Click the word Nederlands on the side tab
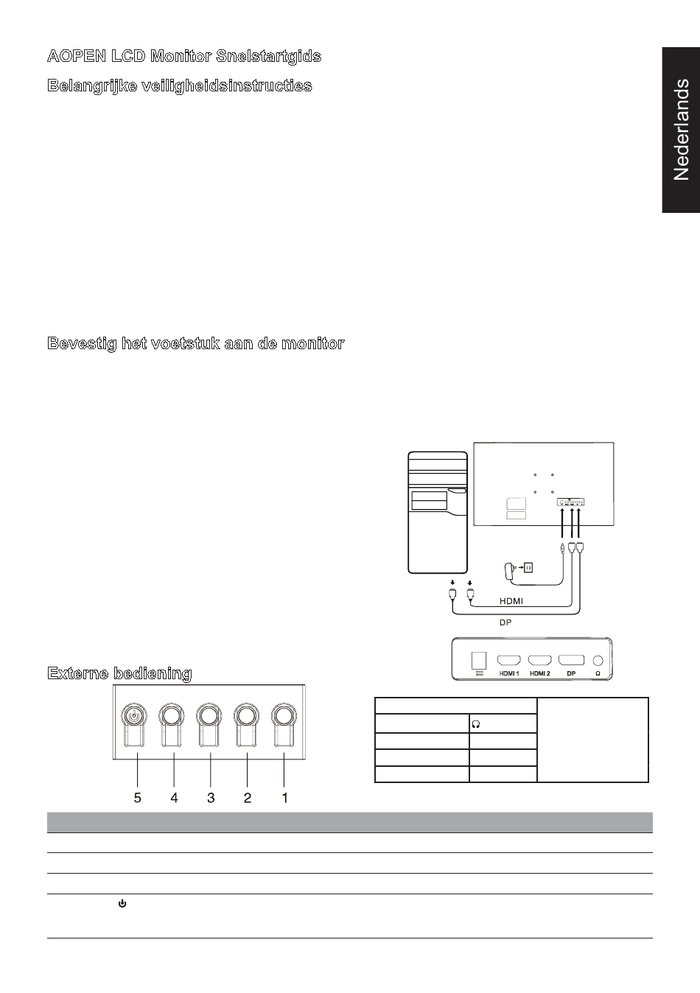tap(681, 130)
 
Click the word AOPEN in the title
tap(76, 56)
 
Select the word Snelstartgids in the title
tap(269, 57)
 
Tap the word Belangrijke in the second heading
tap(92, 85)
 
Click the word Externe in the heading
tap(78, 673)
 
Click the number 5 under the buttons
tap(138, 798)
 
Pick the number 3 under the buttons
tap(211, 798)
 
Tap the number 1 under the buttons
tap(284, 798)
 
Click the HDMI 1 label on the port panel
tap(509, 673)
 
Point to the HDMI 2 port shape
tap(539, 661)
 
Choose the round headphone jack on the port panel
tap(598, 661)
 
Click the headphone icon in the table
tap(476, 724)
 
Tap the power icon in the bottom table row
tap(122, 903)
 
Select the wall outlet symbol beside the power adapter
tap(528, 567)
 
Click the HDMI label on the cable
tap(511, 601)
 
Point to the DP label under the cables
tap(505, 622)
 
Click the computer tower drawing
tap(438, 513)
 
